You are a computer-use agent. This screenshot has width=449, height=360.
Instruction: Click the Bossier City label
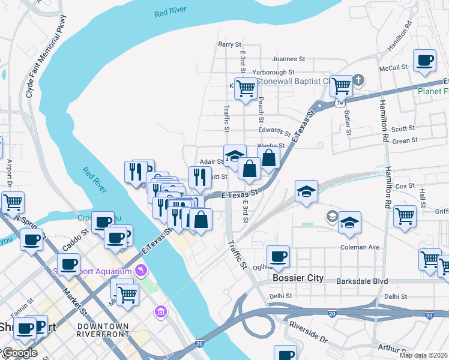[x=298, y=278]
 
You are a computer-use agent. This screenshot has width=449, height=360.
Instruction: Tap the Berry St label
[x=229, y=44]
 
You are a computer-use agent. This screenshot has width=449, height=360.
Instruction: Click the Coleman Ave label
[x=360, y=247]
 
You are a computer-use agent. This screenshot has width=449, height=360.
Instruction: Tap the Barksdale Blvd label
[x=362, y=281]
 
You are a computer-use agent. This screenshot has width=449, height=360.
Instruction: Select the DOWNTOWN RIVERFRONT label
[x=103, y=329]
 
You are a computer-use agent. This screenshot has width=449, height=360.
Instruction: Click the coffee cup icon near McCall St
[x=425, y=60]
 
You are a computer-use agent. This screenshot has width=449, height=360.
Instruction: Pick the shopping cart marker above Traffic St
[x=245, y=88]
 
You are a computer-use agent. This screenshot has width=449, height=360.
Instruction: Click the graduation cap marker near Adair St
[x=234, y=155]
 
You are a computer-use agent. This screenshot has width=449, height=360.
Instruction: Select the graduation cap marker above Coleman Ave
[x=349, y=223]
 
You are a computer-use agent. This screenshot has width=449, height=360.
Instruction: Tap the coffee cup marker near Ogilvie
[x=278, y=257]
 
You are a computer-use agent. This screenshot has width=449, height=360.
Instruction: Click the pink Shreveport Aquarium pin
[x=141, y=271]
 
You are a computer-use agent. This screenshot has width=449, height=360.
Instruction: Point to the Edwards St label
[x=274, y=131]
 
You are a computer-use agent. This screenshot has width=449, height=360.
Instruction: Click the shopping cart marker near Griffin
[x=405, y=214]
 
